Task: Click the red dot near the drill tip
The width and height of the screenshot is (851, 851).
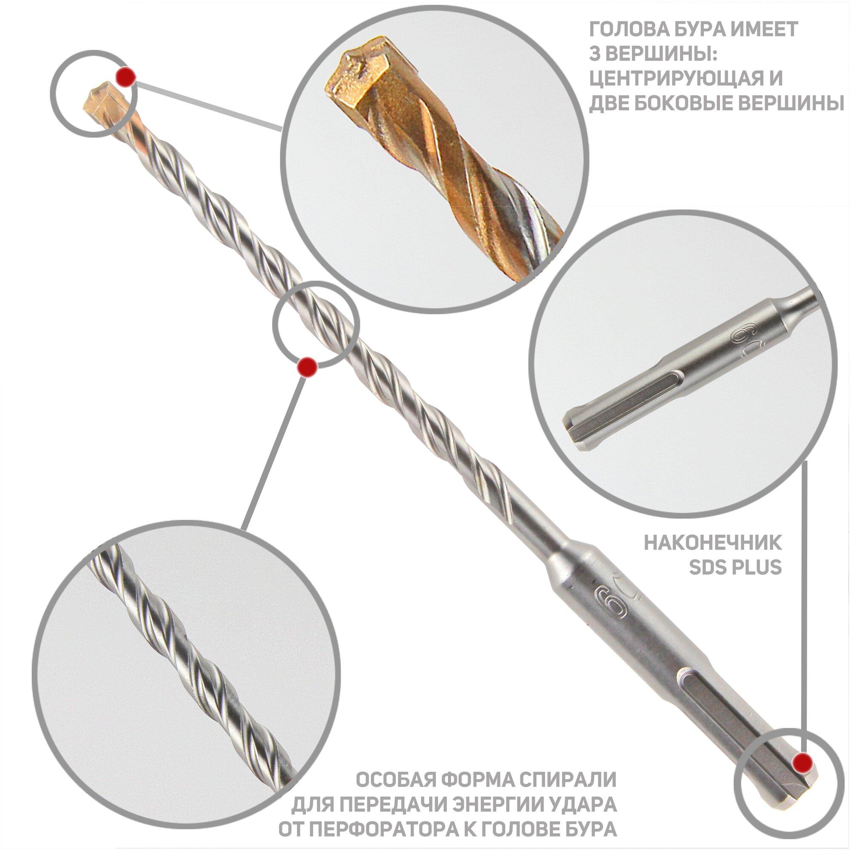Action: click(126, 77)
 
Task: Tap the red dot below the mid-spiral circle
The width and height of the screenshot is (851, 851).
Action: click(307, 367)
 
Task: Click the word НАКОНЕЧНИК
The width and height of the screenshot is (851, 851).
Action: click(713, 543)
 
